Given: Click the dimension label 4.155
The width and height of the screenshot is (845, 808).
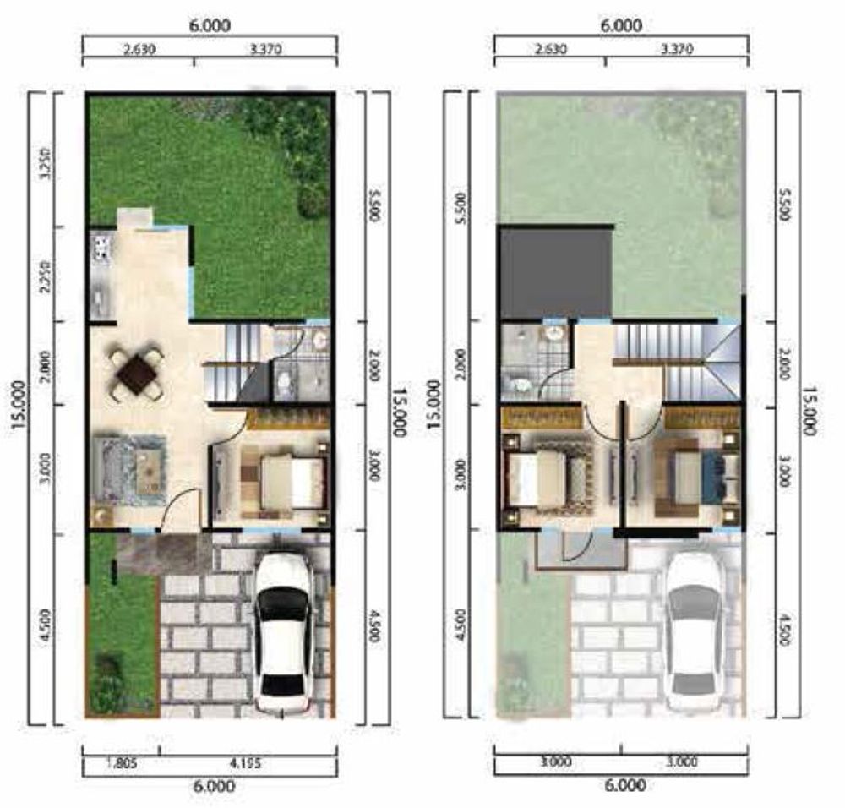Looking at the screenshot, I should pyautogui.click(x=246, y=762).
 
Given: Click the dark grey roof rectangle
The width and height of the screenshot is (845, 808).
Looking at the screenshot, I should pyautogui.click(x=555, y=272).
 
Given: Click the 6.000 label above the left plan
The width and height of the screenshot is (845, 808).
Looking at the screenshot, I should pyautogui.click(x=210, y=26).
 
